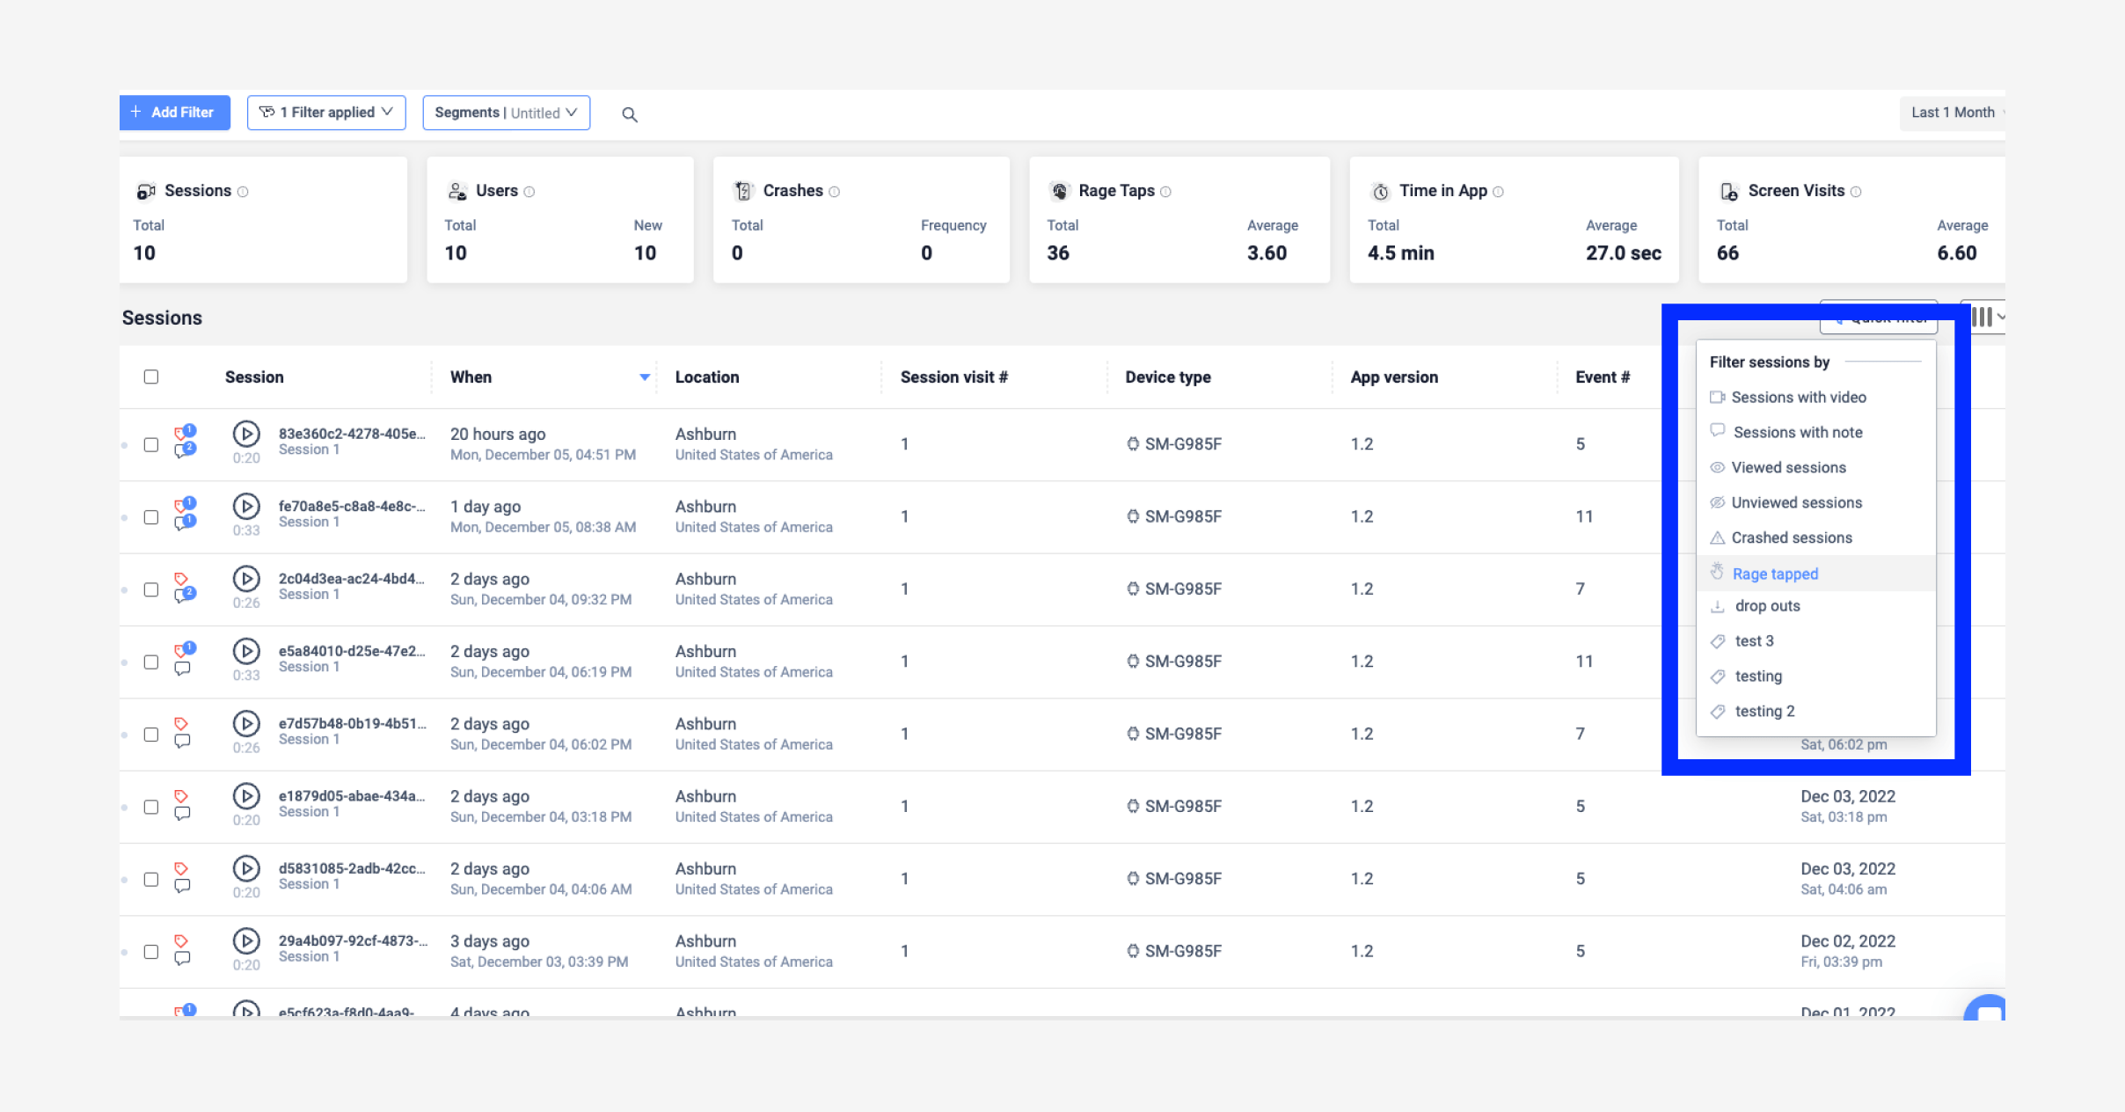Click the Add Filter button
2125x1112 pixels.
(x=174, y=113)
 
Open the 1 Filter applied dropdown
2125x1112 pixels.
(x=326, y=113)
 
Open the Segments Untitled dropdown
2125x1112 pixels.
(x=506, y=113)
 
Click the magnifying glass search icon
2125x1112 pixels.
(x=630, y=114)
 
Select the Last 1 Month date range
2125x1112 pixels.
(x=1952, y=113)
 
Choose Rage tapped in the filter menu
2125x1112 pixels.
(x=1775, y=574)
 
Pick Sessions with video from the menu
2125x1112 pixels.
(x=1798, y=398)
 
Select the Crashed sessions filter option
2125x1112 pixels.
(x=1791, y=538)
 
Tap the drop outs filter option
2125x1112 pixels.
(x=1767, y=606)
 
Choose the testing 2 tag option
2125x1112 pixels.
(x=1764, y=711)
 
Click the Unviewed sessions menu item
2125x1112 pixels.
(x=1796, y=502)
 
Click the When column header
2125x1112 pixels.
(x=471, y=377)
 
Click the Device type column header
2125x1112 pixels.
(x=1168, y=377)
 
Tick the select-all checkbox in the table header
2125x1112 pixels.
(x=151, y=377)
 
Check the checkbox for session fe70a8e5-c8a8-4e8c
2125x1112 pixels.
(x=151, y=517)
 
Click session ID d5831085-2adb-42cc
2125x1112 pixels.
(x=351, y=868)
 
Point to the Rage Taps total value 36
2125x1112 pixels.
(x=1058, y=253)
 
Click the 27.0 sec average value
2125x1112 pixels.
(x=1623, y=253)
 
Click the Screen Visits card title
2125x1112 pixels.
(x=1796, y=191)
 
